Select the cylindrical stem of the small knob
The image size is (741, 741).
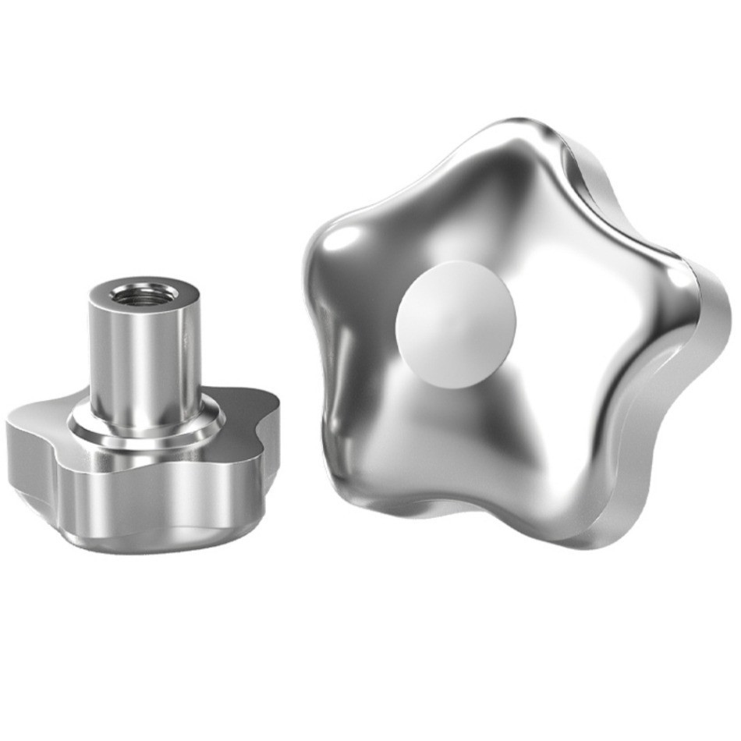coord(145,359)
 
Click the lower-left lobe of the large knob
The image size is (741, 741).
coord(367,468)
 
